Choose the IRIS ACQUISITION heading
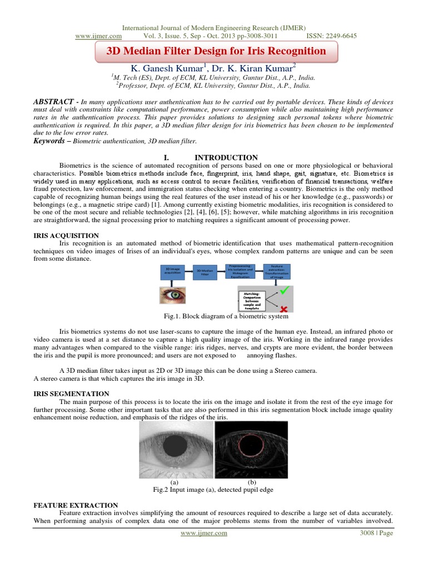[67, 236]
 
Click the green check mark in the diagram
[284, 290]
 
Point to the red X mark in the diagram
[284, 308]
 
